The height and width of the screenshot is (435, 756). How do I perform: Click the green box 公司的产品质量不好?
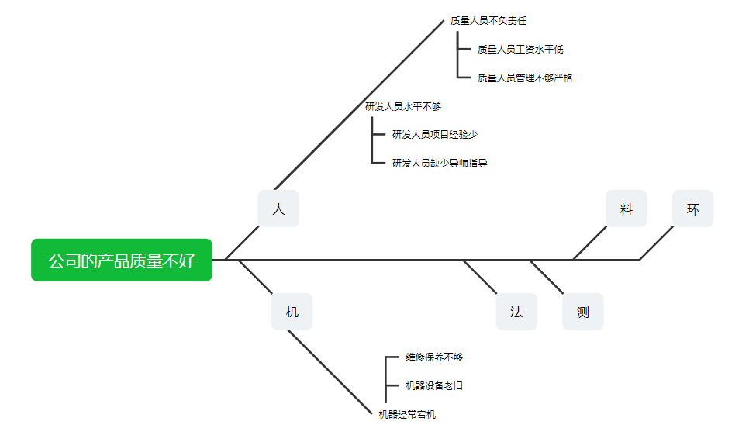coord(122,261)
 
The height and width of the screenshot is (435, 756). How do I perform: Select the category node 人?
coord(278,209)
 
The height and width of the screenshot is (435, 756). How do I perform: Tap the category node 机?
coord(292,312)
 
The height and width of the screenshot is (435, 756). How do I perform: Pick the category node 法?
coord(516,312)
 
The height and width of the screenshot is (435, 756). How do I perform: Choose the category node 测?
coord(582,312)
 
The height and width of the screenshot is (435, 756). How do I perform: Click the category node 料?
coord(626,209)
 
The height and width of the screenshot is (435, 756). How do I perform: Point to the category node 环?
coord(692,209)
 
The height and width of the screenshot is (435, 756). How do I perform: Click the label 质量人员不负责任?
coord(488,21)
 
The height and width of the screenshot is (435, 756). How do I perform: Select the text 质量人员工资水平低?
coord(520,50)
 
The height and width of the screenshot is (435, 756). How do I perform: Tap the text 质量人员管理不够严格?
coord(525,78)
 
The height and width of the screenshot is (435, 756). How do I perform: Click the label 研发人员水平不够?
coord(403,107)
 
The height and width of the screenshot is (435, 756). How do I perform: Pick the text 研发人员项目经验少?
coord(435,135)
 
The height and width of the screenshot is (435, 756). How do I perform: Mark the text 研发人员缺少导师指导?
coord(440,164)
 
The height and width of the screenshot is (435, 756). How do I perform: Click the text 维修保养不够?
coord(434,357)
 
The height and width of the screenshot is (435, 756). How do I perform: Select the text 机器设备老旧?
coord(434,385)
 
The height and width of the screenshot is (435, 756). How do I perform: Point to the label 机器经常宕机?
coord(407,415)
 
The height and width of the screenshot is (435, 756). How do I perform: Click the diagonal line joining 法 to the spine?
coord(481,277)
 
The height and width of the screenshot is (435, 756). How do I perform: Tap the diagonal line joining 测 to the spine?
coord(547,277)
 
